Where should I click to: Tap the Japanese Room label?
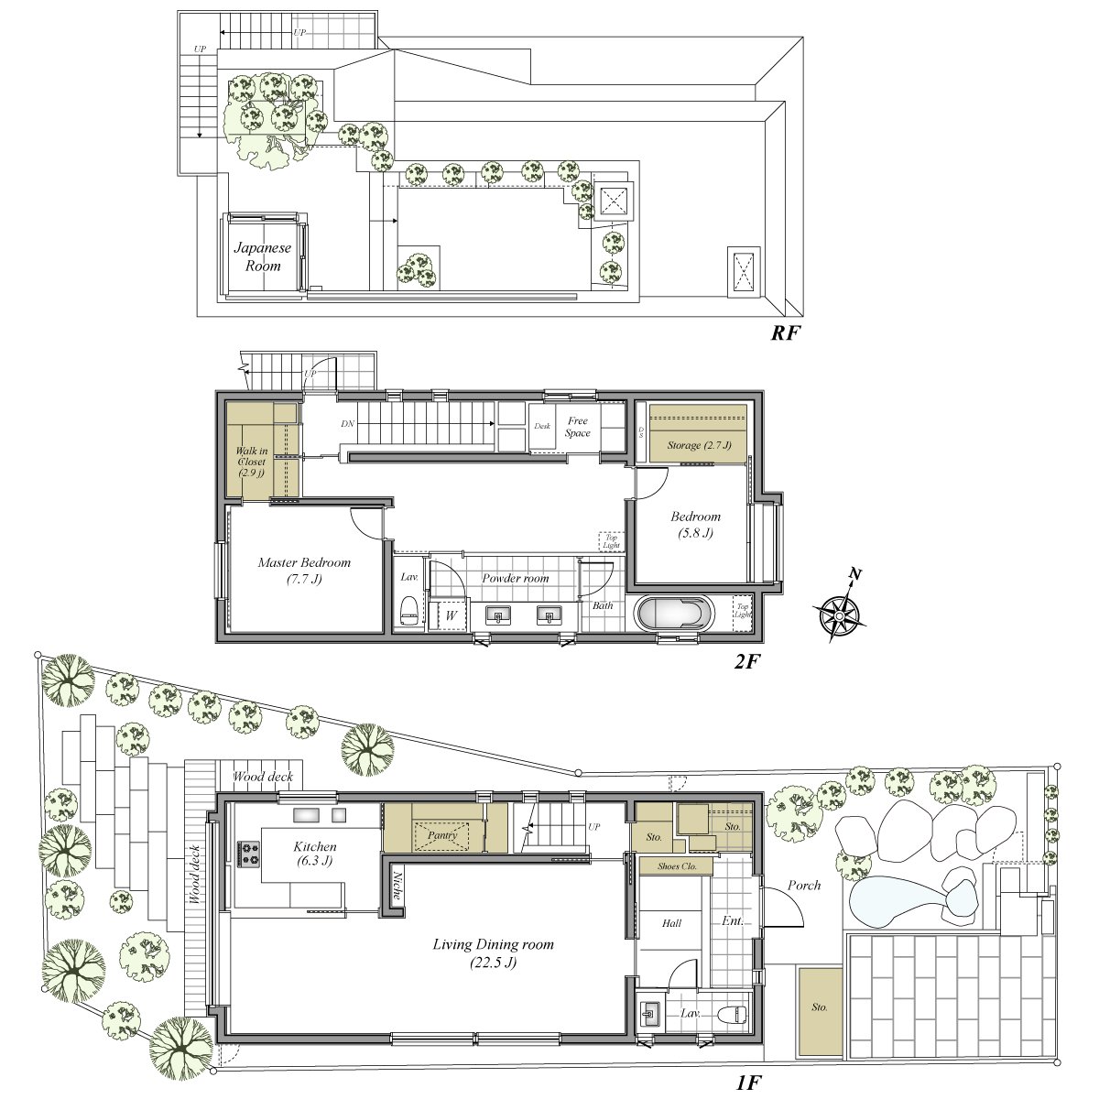click(262, 256)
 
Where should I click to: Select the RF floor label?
click(785, 333)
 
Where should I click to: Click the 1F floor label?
click(749, 1083)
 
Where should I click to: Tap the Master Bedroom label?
click(304, 571)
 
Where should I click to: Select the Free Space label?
click(578, 427)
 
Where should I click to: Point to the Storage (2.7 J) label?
click(700, 446)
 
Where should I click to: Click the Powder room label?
click(516, 578)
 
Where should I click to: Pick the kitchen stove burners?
click(250, 854)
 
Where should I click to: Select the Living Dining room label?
click(494, 952)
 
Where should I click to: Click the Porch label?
click(803, 886)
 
